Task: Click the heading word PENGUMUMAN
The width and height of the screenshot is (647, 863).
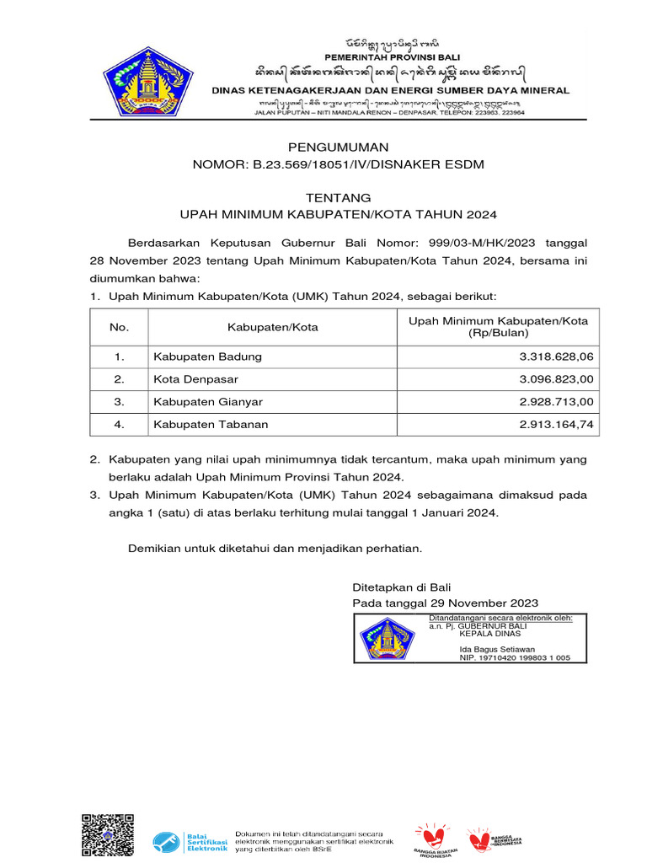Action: coord(323,147)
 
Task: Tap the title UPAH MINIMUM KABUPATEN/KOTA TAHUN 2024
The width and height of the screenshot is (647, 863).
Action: coord(323,213)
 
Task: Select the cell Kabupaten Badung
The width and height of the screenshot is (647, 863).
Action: coord(207,356)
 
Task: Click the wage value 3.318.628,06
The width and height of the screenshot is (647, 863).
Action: coord(557,356)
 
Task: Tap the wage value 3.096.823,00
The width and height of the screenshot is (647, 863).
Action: coord(557,379)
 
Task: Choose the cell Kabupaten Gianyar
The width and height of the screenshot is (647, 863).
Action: coord(207,402)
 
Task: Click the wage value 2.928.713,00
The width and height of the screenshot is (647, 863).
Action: coord(557,402)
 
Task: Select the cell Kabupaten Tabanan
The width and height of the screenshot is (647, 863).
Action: coord(210,425)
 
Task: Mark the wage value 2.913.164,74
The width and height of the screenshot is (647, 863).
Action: coord(557,425)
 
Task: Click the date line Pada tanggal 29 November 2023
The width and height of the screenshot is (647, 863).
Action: coord(445,603)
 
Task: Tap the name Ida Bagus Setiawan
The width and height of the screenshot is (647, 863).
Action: coord(497,649)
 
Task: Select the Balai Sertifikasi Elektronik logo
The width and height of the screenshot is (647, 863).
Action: coord(190,840)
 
